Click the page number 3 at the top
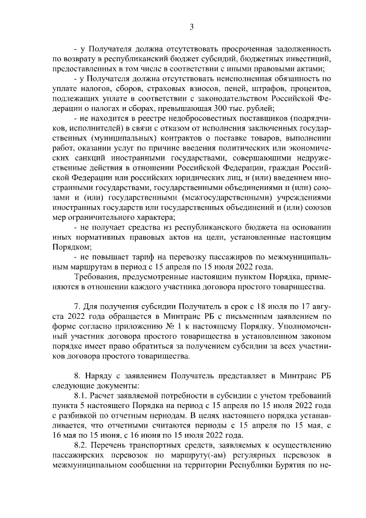(x=192, y=27)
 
